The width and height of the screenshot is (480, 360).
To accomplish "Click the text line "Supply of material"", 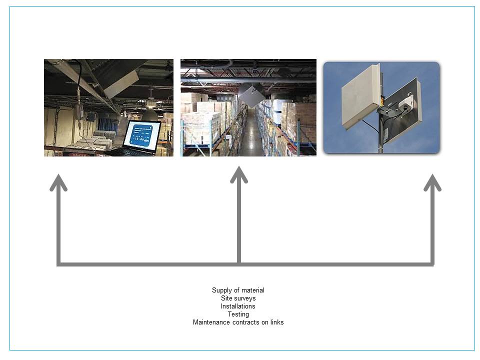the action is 238,290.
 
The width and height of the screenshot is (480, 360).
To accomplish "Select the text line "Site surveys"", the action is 238,298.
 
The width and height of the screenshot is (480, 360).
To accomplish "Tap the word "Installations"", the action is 238,306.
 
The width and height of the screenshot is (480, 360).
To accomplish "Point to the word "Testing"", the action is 238,314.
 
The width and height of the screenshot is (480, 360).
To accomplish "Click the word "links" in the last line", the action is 276,322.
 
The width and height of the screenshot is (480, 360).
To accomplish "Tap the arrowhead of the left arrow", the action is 58,182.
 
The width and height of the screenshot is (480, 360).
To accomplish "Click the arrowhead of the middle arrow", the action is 239,174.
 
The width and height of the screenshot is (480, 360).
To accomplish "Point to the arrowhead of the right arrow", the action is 432,182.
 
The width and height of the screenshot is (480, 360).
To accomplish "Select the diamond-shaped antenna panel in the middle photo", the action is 251,95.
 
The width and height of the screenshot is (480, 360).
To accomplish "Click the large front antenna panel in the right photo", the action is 361,96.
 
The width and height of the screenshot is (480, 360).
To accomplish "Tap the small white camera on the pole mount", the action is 406,104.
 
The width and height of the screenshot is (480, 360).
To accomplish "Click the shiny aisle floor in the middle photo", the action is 252,134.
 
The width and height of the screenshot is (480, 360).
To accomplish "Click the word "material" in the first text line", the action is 253,290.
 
